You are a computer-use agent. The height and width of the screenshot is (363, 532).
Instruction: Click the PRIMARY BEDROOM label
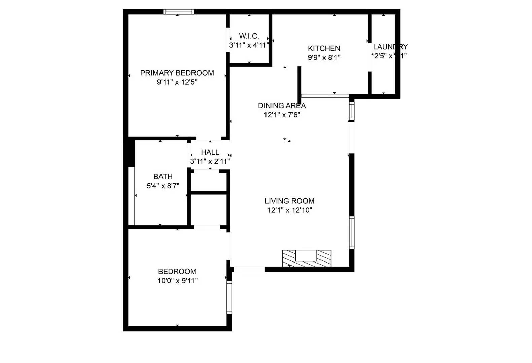click(177, 73)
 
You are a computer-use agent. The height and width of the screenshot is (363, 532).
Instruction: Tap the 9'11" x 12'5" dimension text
click(177, 82)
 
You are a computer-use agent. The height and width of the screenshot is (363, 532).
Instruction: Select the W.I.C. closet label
click(249, 36)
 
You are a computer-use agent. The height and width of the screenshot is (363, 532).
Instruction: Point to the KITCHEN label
click(324, 48)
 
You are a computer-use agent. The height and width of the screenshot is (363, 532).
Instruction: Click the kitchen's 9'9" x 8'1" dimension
click(324, 57)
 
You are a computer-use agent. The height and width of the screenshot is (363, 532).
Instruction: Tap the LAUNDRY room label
click(390, 47)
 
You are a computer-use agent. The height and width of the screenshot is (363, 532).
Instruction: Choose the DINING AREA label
click(282, 105)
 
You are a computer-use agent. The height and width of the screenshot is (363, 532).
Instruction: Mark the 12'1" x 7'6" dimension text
click(282, 115)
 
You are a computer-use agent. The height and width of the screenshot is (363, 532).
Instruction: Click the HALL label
click(210, 152)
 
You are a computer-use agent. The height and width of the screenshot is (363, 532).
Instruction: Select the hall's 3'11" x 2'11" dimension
click(210, 161)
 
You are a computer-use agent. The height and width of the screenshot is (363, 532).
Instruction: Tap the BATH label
click(163, 176)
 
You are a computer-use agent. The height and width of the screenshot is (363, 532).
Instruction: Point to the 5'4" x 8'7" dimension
click(163, 186)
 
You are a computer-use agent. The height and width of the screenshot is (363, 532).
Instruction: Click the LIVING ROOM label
click(289, 201)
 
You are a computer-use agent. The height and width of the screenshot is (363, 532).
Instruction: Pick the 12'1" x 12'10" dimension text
click(289, 210)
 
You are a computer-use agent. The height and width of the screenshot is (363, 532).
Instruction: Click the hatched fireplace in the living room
click(307, 258)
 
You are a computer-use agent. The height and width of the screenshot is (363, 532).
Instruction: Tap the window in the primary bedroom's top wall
click(179, 12)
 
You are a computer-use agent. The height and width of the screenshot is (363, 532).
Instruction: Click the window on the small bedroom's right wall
click(229, 297)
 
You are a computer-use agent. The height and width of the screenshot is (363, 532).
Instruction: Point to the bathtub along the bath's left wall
click(132, 196)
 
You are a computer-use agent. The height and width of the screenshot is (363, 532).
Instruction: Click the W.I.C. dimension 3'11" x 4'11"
click(249, 45)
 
